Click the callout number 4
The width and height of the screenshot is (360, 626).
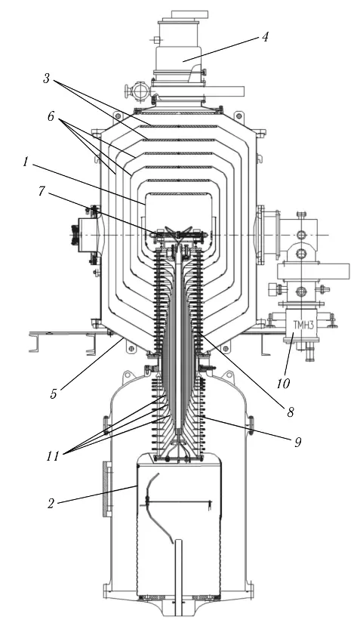click(x=265, y=37)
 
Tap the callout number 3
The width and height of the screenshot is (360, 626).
click(x=47, y=79)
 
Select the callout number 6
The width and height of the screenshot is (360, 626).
click(x=51, y=116)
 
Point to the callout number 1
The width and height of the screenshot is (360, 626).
click(x=26, y=162)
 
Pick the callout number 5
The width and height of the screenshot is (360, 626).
click(x=54, y=393)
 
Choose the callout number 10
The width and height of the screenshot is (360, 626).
click(x=283, y=384)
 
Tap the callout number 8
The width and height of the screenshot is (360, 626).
click(x=291, y=412)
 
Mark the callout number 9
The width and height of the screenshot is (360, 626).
click(x=297, y=442)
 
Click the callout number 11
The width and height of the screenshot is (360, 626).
click(x=53, y=456)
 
